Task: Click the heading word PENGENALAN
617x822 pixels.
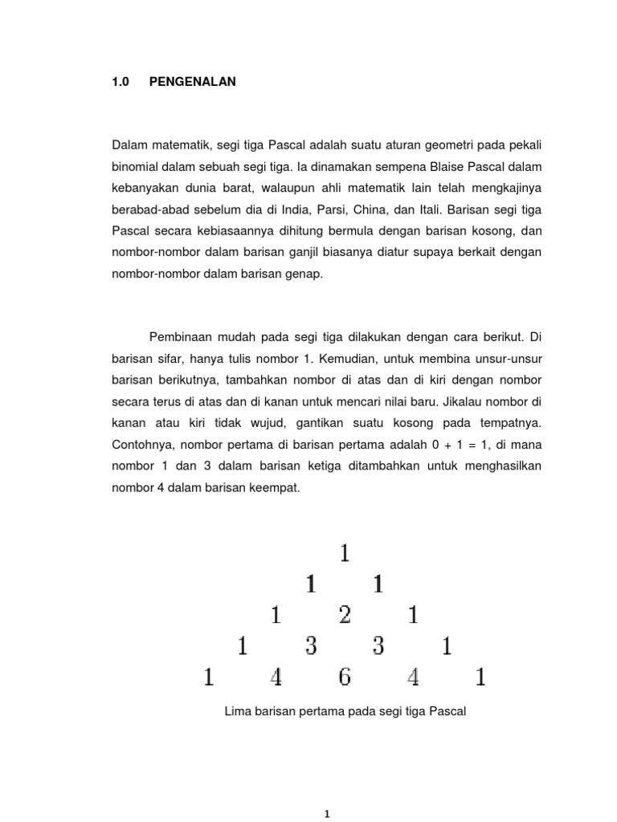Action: click(x=193, y=82)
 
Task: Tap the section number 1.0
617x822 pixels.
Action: click(x=121, y=82)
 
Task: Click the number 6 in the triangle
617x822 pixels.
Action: click(x=344, y=678)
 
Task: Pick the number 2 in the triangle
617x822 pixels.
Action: click(x=344, y=616)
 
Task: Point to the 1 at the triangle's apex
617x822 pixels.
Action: click(x=345, y=554)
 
